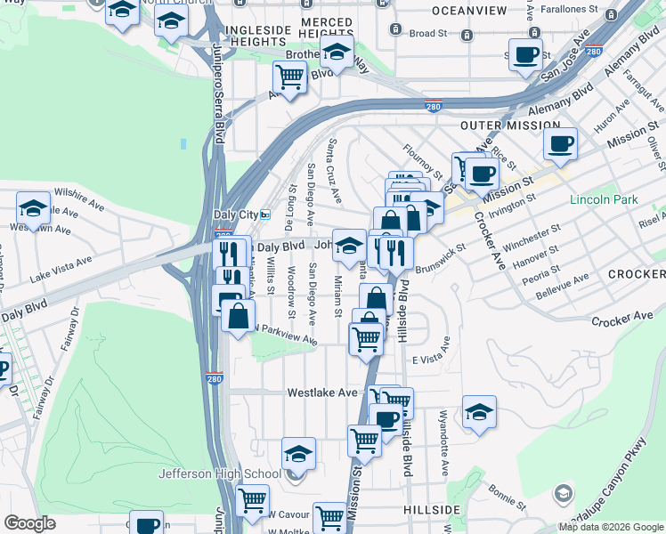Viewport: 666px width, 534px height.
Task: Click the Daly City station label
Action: [x=236, y=215]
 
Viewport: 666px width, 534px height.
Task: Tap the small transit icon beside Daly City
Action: [x=264, y=215]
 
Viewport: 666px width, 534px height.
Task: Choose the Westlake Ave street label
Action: [x=322, y=392]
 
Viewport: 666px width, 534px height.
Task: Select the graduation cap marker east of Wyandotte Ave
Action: [x=479, y=411]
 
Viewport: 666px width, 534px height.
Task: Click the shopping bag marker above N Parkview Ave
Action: [x=239, y=316]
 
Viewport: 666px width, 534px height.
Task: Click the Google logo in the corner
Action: [x=29, y=523]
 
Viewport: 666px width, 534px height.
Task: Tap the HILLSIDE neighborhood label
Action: [x=432, y=510]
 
